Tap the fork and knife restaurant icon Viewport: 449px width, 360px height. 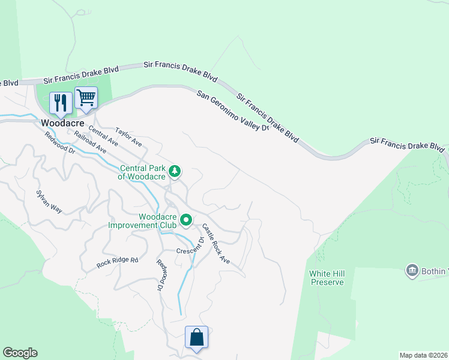59,103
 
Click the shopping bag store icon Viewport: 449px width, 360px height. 196,337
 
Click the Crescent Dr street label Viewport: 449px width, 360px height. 190,247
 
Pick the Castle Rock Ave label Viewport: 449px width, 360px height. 216,244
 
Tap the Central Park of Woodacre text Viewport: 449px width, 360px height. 142,172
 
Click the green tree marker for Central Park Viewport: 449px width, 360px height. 175,172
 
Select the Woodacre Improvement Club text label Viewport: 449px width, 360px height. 142,221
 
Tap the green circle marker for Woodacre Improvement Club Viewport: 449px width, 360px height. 186,221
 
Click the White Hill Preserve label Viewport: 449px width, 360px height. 327,278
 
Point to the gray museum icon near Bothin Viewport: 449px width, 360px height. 412,270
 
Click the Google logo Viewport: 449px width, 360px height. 20,353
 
